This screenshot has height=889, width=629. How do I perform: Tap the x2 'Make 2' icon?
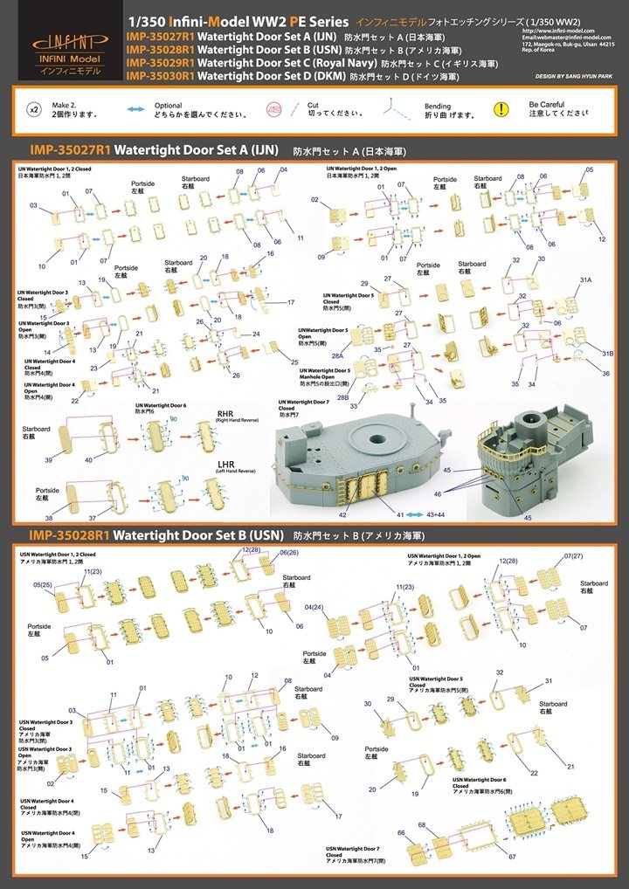coord(34,109)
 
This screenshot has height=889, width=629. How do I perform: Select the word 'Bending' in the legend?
coord(437,105)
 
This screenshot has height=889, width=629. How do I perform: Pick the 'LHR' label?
coord(226,464)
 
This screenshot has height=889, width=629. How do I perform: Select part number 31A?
coord(586,279)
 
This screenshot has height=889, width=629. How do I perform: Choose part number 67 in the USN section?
coord(513,856)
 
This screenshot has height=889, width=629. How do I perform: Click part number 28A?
coord(337,358)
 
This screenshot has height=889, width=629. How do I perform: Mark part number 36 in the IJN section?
coord(605,374)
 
